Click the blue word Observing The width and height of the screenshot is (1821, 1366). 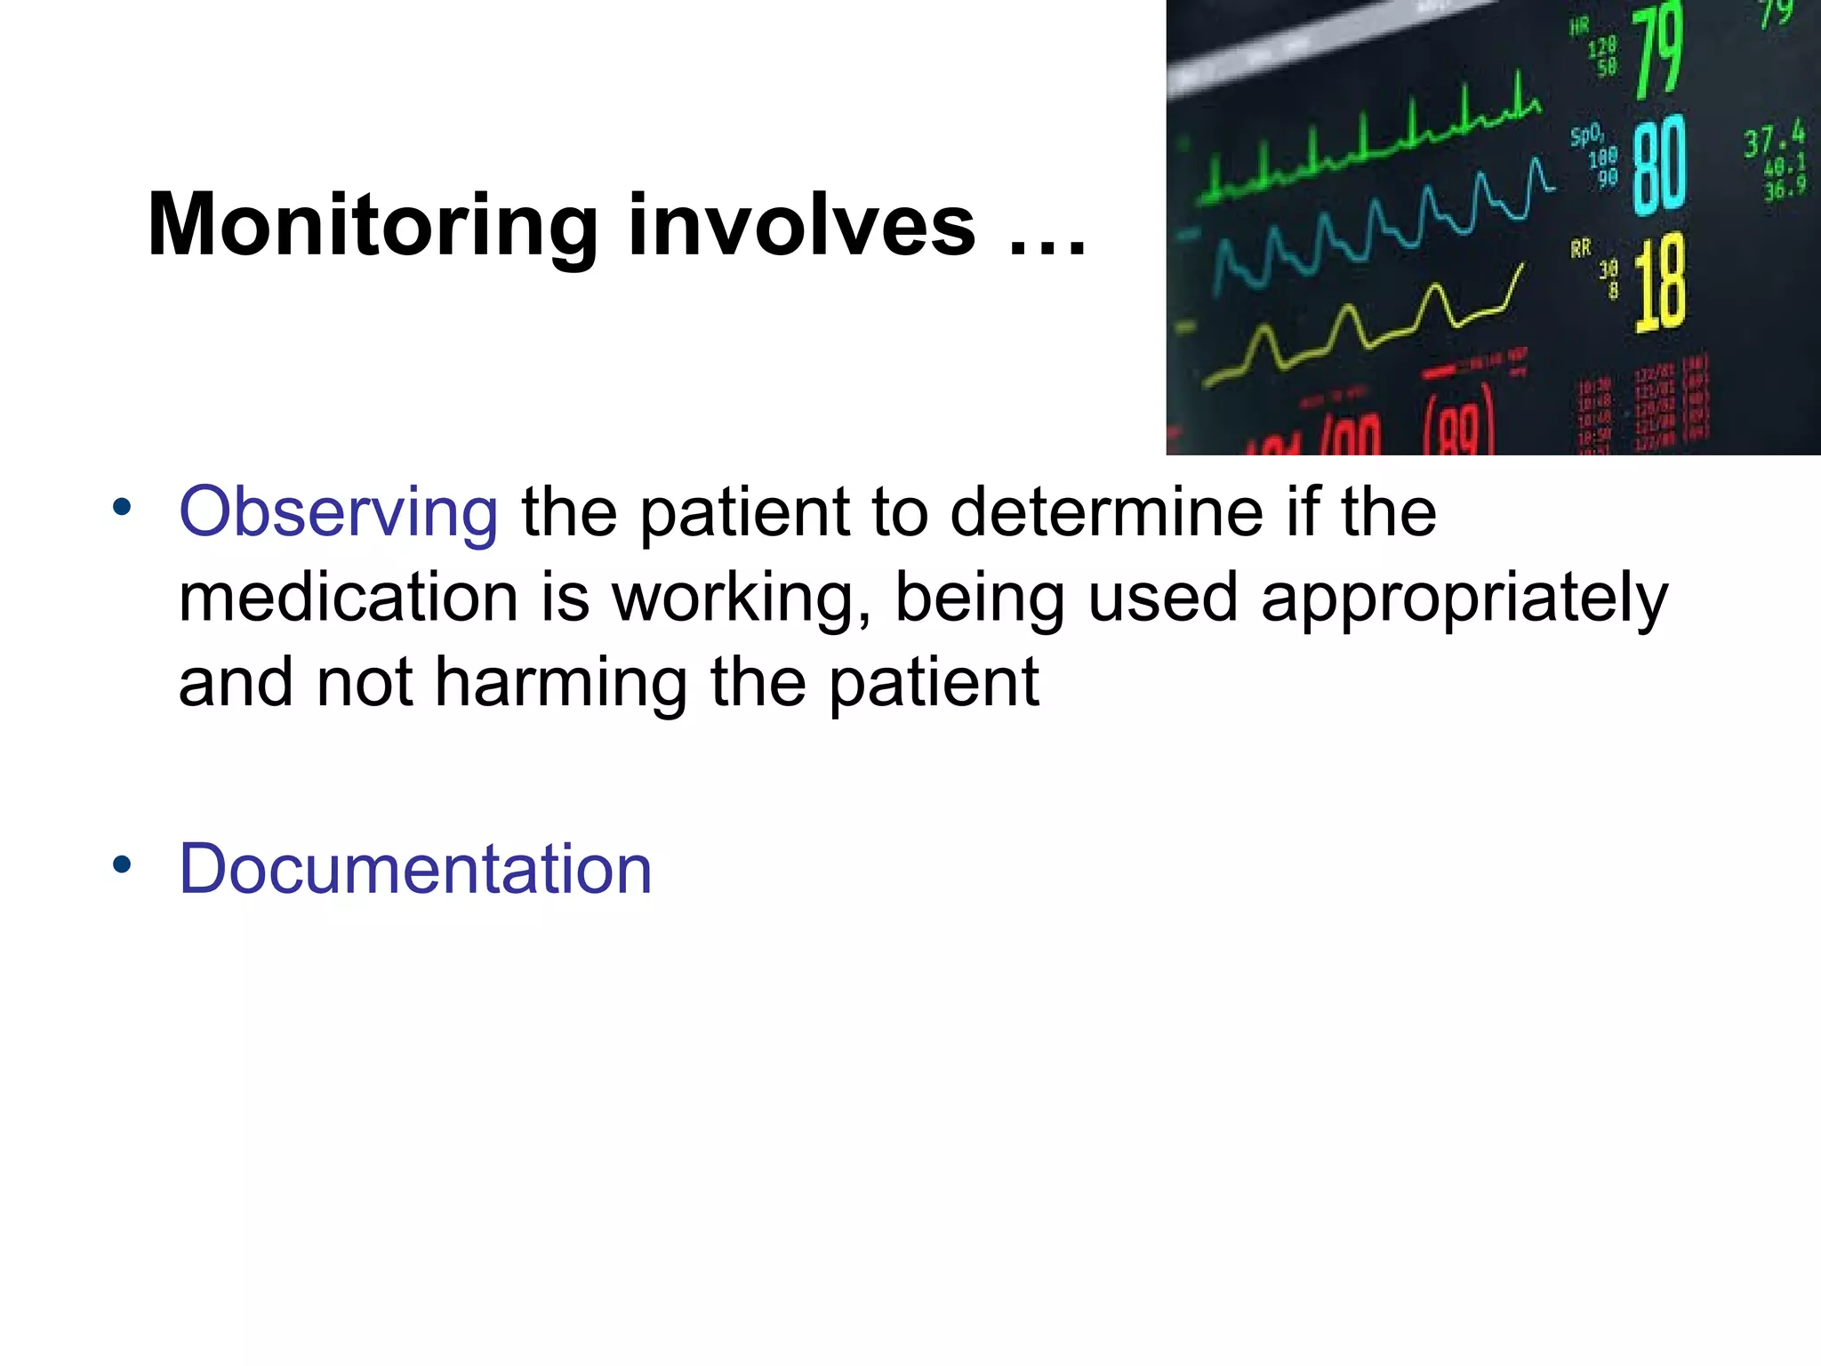coord(339,512)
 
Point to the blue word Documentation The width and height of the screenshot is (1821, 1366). coord(415,869)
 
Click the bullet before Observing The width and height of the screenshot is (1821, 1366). coord(122,508)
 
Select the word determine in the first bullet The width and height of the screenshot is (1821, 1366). coord(1106,512)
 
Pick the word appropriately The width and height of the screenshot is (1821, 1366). coord(1464,599)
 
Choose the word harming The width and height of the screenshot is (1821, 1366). coord(561,683)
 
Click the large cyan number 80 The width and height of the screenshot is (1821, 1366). coord(1659,165)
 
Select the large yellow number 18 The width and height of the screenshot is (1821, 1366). coord(1659,283)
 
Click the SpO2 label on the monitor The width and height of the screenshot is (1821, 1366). coord(1586,136)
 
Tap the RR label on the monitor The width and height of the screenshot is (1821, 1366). coord(1580,249)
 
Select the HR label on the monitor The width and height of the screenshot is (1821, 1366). coord(1579,28)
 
